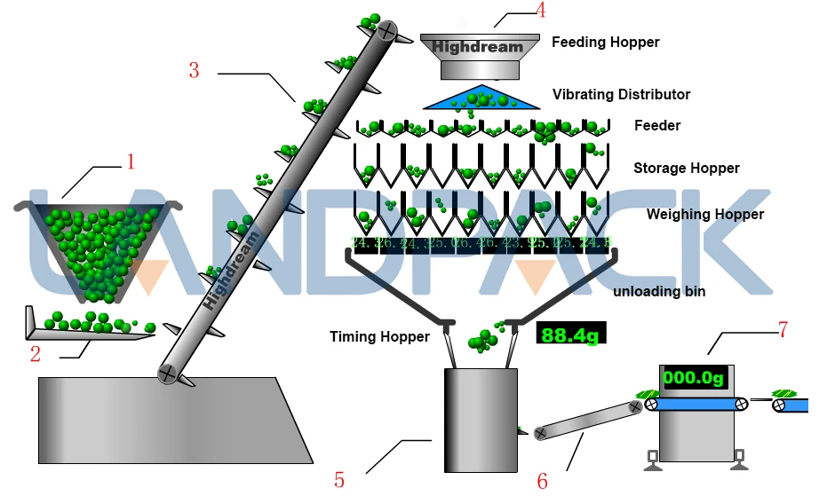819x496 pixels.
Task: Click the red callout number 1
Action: (x=131, y=161)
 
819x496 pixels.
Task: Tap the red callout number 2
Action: (x=35, y=356)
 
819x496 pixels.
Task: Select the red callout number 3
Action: (x=195, y=70)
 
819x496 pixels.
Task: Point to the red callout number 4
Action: (x=541, y=11)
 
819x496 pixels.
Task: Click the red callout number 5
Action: (x=339, y=480)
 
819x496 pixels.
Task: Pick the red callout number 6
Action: (x=543, y=481)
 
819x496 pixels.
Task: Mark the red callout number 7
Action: (x=782, y=330)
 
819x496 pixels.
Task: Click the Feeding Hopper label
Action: (x=605, y=42)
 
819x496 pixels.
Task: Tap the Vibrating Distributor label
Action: (x=621, y=94)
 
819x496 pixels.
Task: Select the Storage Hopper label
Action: (x=686, y=168)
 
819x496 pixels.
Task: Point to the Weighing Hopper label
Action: (x=704, y=214)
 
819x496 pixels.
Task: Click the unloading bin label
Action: (x=659, y=291)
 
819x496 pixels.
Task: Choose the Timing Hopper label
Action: (x=379, y=337)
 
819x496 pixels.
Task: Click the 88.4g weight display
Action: (x=570, y=335)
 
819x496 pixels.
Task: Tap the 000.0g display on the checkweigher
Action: (x=694, y=377)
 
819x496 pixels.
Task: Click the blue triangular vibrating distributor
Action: (x=482, y=98)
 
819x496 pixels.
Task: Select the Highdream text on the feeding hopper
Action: (x=478, y=46)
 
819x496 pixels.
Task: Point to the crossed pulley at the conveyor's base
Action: (x=166, y=374)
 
